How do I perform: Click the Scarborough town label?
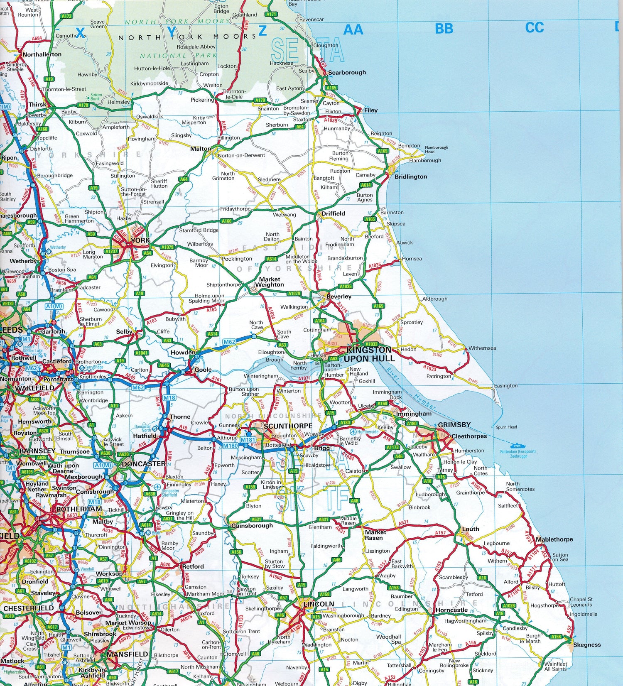(347, 72)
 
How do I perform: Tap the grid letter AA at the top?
(353, 29)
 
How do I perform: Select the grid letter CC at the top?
(534, 27)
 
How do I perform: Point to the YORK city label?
(140, 240)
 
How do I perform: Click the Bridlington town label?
(410, 176)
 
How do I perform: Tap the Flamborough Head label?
(436, 149)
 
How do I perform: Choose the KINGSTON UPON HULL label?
(369, 354)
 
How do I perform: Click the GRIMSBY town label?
(454, 424)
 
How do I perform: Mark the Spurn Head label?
(506, 427)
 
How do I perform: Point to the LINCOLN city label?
(319, 604)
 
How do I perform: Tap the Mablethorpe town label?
(554, 539)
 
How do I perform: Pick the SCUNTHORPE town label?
(288, 426)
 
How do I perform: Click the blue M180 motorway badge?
(230, 446)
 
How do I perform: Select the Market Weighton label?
(270, 282)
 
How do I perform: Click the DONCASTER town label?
(144, 463)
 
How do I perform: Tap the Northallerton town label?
(42, 54)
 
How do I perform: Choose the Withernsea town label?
(482, 348)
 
